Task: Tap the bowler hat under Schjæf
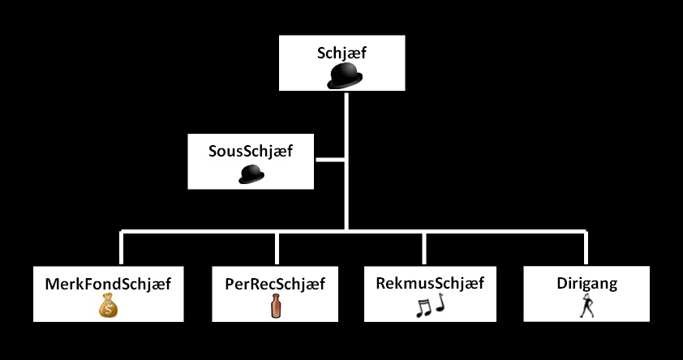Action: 345,76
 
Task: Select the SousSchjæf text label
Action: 251,152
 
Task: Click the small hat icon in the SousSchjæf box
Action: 251,174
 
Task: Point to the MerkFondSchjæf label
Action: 109,284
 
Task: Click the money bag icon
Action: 109,306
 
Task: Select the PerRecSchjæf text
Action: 275,285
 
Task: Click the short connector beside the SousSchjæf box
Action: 329,161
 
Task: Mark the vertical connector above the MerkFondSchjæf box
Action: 122,249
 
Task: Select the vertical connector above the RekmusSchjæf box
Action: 424,249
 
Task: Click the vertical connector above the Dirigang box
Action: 585,249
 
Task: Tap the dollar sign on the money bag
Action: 109,309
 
